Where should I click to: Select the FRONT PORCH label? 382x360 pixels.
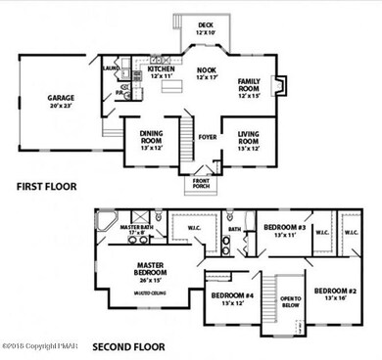[x=202, y=182]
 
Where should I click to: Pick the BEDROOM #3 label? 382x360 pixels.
[x=285, y=231]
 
